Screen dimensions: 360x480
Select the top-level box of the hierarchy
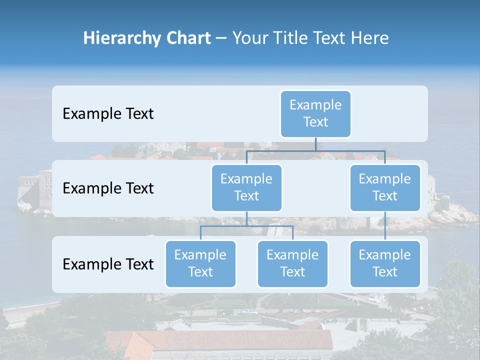click(x=315, y=113)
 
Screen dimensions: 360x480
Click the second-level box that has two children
click(x=246, y=187)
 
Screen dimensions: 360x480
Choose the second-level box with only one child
click(x=384, y=187)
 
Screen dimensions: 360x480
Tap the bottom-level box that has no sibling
click(x=384, y=263)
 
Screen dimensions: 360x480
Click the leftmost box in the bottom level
click(x=200, y=263)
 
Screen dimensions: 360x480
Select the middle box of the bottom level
click(x=292, y=263)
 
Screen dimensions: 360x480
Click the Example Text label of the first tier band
click(x=108, y=114)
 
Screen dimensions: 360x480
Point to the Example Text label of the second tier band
click(x=108, y=188)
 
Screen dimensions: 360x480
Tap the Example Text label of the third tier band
click(x=108, y=264)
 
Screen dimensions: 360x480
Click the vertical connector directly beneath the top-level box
click(x=315, y=143)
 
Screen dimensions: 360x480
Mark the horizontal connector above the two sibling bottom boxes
click(x=246, y=226)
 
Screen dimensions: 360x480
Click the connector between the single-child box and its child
click(x=384, y=226)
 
